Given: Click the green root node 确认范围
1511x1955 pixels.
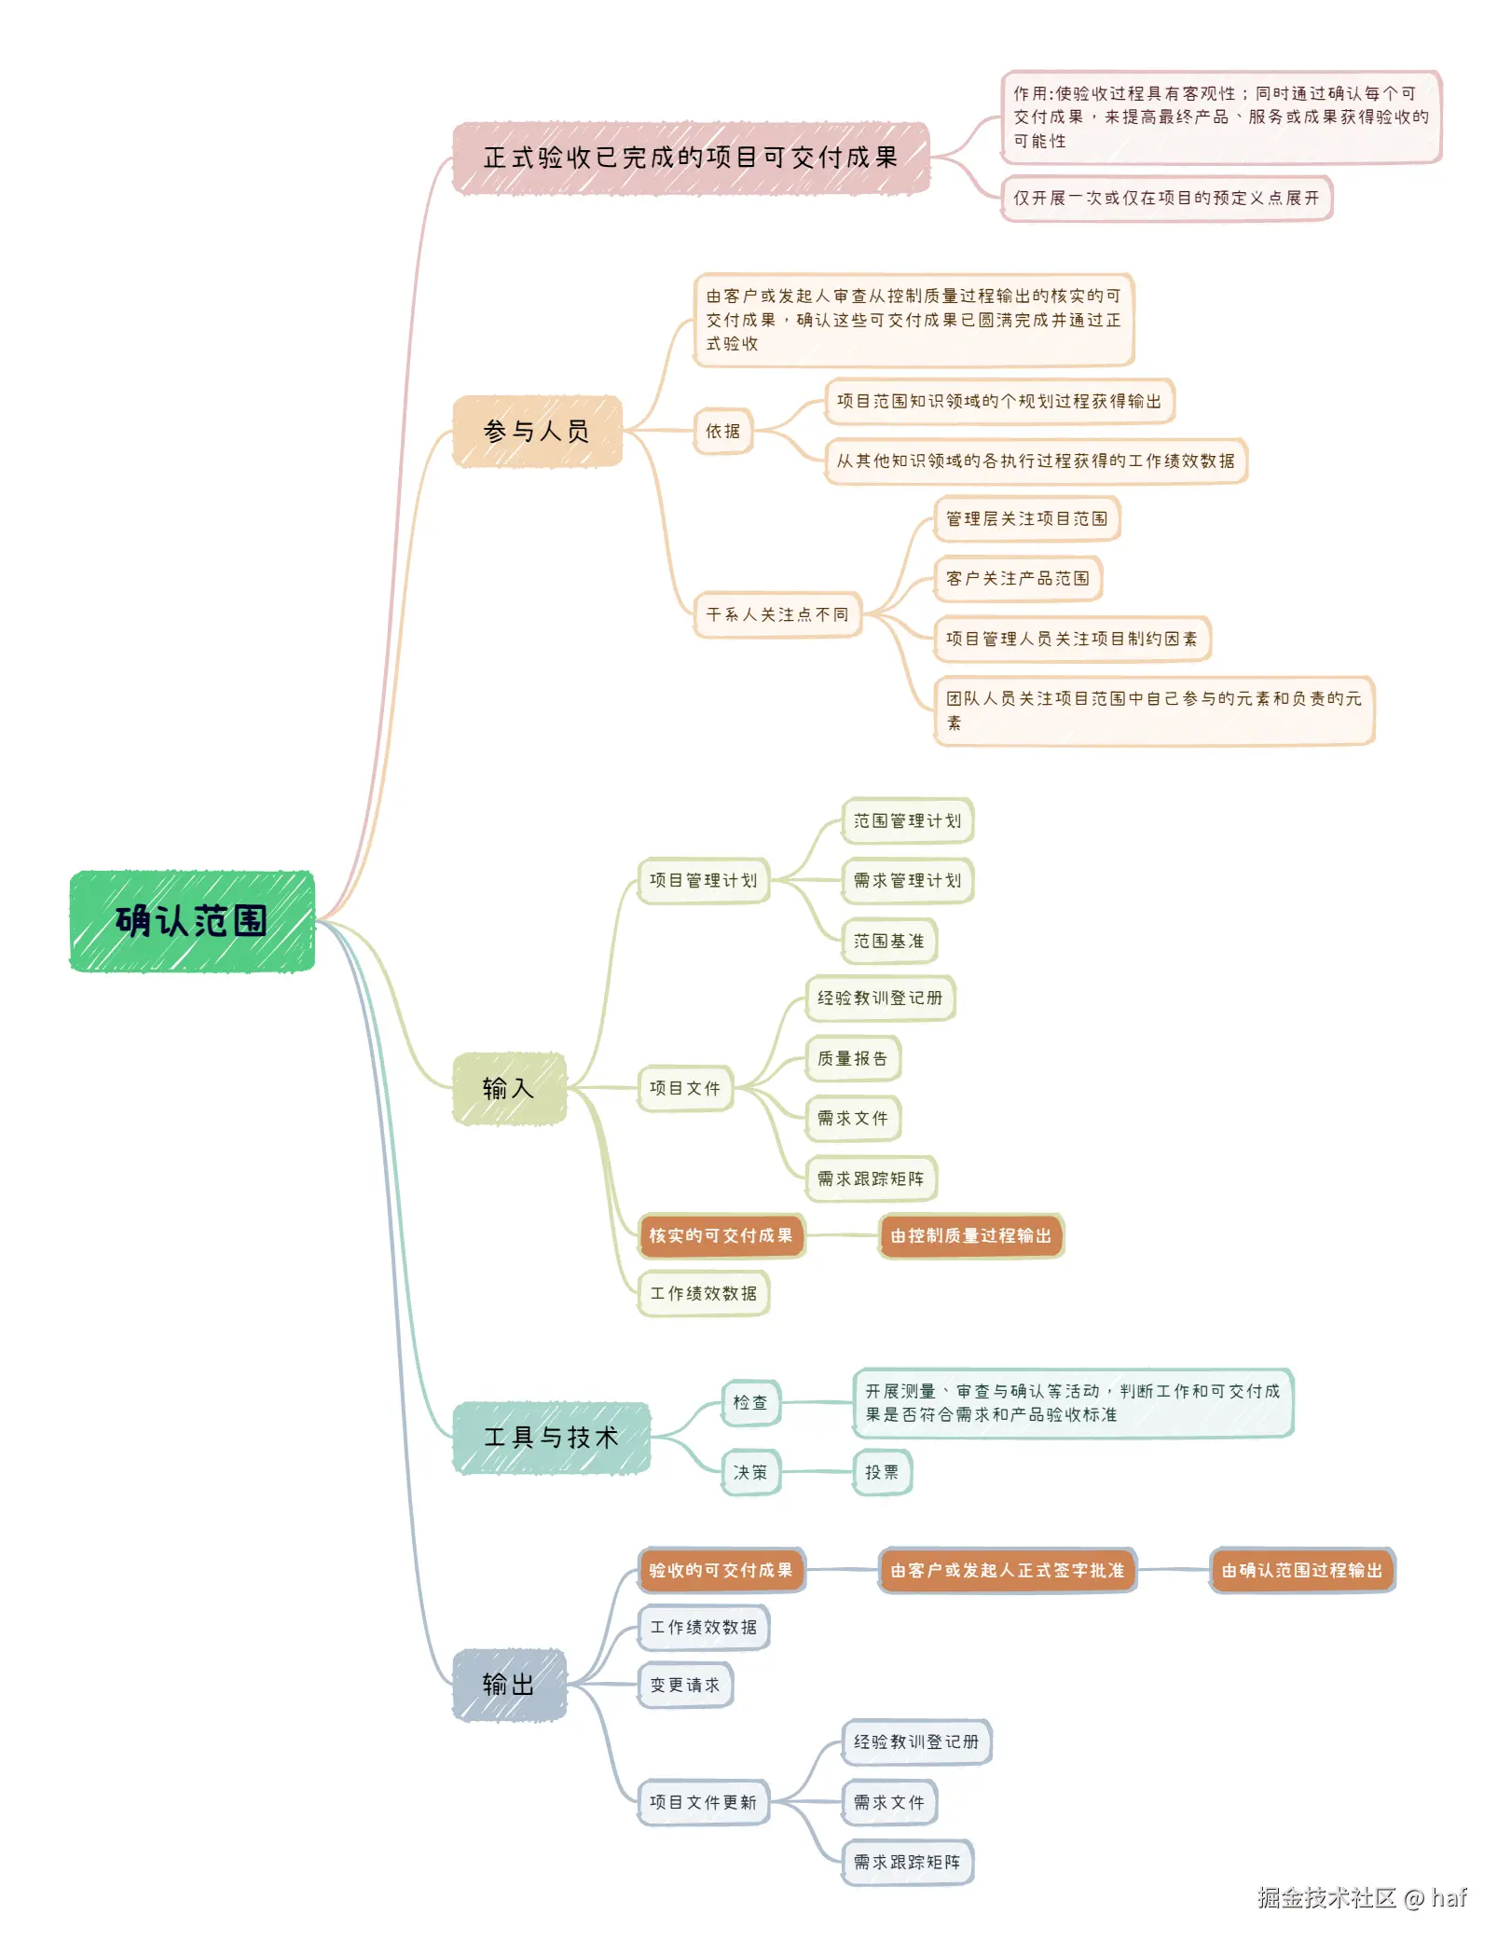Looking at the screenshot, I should [192, 921].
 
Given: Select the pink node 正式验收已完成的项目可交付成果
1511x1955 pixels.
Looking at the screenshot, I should [691, 158].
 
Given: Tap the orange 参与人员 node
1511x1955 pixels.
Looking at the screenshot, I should [537, 431].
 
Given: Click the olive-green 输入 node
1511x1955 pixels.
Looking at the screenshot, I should [509, 1088].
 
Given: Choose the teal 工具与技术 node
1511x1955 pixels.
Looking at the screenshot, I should [551, 1438].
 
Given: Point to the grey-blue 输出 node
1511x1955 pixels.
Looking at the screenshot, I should [509, 1685].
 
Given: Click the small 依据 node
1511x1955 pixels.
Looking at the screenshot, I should [723, 431].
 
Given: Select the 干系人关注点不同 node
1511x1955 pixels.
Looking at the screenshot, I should [777, 614].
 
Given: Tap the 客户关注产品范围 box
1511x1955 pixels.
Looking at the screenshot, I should [1017, 578].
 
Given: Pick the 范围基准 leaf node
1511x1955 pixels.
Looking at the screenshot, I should [889, 941].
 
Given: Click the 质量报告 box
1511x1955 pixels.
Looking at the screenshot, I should [852, 1058].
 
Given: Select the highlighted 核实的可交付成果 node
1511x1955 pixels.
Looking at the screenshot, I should [721, 1235].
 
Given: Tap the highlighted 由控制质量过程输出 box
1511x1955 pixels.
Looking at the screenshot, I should [970, 1235].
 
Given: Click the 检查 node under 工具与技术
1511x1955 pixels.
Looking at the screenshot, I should [750, 1402].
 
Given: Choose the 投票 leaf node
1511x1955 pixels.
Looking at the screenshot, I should [882, 1472].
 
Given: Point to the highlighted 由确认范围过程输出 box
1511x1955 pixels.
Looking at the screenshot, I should [1301, 1570].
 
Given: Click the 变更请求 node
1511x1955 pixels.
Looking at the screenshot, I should [685, 1685].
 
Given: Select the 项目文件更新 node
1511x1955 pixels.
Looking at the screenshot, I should [704, 1802].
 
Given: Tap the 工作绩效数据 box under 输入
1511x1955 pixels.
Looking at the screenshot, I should [704, 1293].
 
